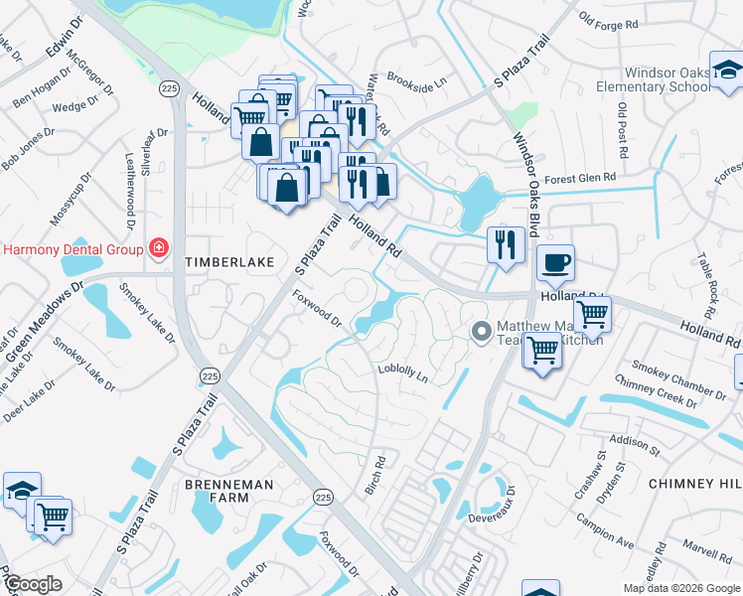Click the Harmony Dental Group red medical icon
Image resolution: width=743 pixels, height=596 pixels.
[x=157, y=247]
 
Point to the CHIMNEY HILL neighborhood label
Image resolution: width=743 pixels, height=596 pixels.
[x=694, y=483]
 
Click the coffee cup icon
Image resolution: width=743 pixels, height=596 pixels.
[x=555, y=263]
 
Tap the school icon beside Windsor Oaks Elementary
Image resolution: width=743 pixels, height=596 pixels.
[x=726, y=71]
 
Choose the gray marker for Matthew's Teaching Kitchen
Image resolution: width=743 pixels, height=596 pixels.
[x=482, y=331]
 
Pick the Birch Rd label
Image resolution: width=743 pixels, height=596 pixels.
[x=375, y=476]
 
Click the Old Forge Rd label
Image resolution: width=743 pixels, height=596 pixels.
[x=612, y=21]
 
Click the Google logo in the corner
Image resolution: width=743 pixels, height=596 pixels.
[x=33, y=584]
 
